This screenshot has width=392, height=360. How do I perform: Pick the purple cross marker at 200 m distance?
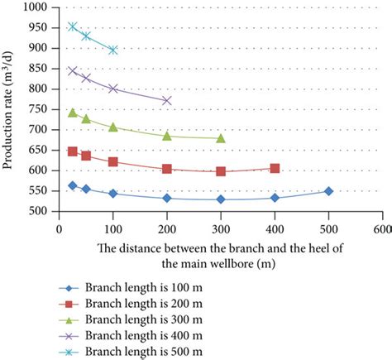click(x=167, y=100)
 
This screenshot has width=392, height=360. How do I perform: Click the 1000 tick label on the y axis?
click(x=38, y=8)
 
